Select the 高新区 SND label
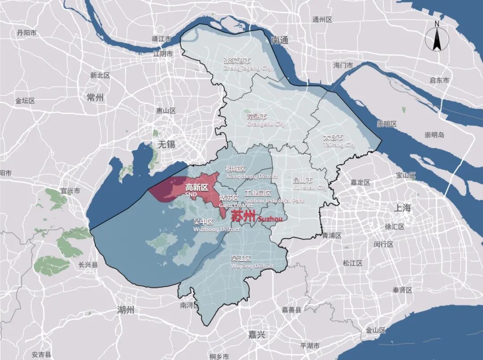(196, 190)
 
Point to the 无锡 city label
(167, 144)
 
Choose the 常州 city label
(95, 97)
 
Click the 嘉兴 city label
(257, 334)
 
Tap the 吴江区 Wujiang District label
(252, 262)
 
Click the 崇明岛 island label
(434, 135)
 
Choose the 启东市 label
(439, 80)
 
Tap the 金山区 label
(376, 330)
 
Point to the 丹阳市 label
(26, 33)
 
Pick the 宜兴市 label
(70, 191)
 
